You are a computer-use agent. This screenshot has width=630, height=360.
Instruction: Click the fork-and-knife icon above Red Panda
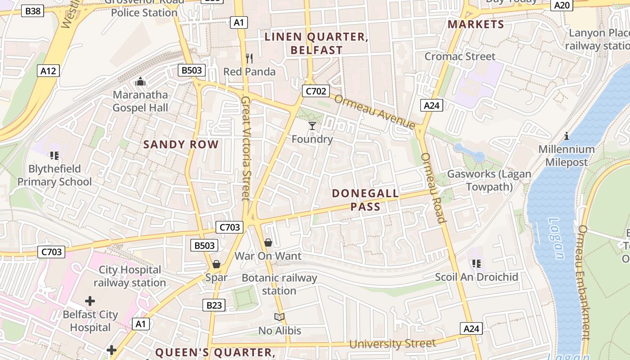tap(249, 58)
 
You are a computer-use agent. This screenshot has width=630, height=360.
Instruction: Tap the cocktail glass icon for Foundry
tap(312, 126)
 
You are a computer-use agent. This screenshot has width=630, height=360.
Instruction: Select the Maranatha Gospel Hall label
tap(140, 101)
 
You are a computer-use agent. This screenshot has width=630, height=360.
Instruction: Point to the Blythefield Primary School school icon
tap(54, 156)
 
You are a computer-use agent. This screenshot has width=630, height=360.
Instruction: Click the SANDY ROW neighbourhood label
tap(181, 144)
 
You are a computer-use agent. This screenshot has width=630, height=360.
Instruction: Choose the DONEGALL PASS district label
tap(365, 200)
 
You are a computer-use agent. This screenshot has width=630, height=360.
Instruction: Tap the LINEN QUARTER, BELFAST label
tap(316, 44)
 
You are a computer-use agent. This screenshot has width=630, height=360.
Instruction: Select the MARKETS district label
tap(476, 24)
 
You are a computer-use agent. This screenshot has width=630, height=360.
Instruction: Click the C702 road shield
tap(315, 91)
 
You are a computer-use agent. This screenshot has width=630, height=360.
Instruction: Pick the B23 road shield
tap(214, 306)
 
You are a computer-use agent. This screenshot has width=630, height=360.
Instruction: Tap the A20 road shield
tap(562, 5)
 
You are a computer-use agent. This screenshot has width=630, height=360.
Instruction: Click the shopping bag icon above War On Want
tap(268, 243)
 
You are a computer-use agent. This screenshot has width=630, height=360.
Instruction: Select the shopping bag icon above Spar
tap(216, 264)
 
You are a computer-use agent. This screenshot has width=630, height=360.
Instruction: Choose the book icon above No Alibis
tap(279, 317)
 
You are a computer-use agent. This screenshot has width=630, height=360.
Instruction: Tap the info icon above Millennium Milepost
tap(567, 136)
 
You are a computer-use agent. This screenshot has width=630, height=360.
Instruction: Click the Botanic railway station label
tap(279, 284)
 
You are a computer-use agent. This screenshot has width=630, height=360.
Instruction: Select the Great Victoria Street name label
tap(246, 148)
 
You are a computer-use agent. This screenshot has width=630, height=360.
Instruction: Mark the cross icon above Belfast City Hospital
tap(90, 301)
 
